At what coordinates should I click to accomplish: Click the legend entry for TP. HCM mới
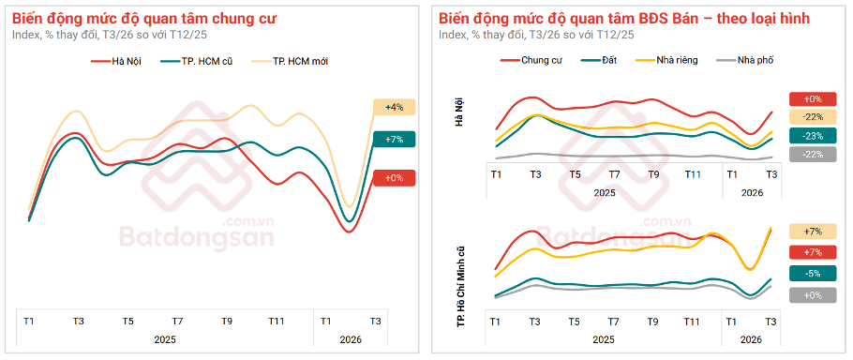point(299,61)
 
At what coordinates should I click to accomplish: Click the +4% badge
point(394,108)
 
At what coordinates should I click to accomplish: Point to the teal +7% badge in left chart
point(394,140)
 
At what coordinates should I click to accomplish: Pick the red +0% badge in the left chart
point(394,178)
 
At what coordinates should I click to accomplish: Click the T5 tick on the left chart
point(127,322)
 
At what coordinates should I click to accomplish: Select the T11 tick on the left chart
point(276,322)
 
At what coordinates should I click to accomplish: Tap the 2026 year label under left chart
point(351,340)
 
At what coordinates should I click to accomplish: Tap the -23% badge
point(812,135)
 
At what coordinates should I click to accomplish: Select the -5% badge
point(812,274)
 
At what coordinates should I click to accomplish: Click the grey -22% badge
point(812,155)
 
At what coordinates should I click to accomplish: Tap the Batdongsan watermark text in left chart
point(196,237)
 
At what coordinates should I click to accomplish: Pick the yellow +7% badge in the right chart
point(812,232)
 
